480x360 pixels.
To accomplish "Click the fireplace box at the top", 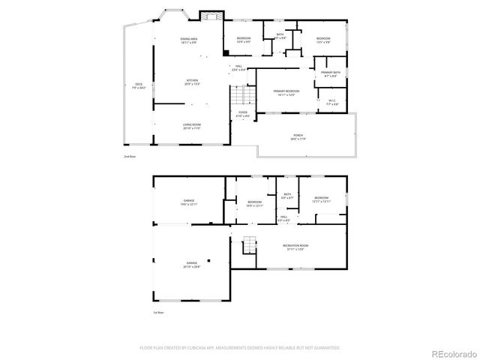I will [211, 16].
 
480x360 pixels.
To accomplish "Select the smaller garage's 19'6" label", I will [190, 203].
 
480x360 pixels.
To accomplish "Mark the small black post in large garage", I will [210, 261].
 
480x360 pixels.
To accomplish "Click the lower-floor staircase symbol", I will [248, 245].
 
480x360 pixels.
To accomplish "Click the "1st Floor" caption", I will [158, 312].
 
